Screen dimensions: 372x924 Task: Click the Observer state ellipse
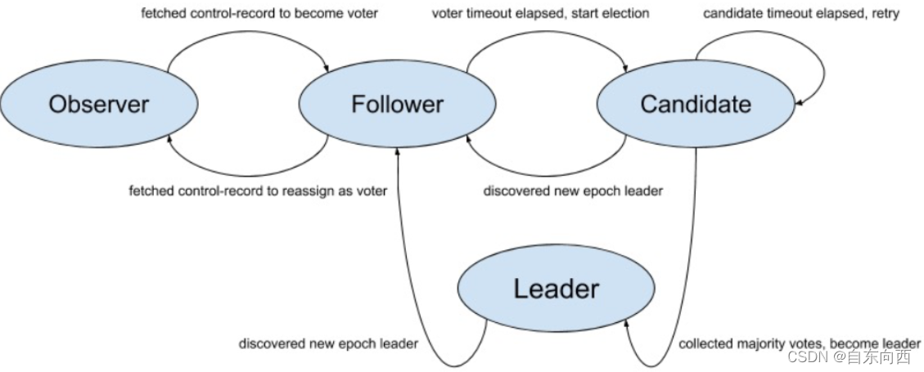99,105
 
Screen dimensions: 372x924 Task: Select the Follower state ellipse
397,105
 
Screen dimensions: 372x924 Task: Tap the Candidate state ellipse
696,105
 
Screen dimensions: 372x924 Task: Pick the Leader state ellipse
557,289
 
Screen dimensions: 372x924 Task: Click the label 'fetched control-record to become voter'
259,14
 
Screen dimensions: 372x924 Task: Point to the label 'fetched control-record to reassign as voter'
258,191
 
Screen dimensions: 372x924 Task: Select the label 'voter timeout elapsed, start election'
540,14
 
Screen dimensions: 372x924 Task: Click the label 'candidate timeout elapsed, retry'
801,14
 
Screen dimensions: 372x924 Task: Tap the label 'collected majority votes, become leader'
800,344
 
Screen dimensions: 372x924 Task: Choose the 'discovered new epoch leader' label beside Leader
328,344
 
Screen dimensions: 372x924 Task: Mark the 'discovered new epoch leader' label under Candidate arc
572,191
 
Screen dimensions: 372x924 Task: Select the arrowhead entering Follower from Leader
399,151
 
